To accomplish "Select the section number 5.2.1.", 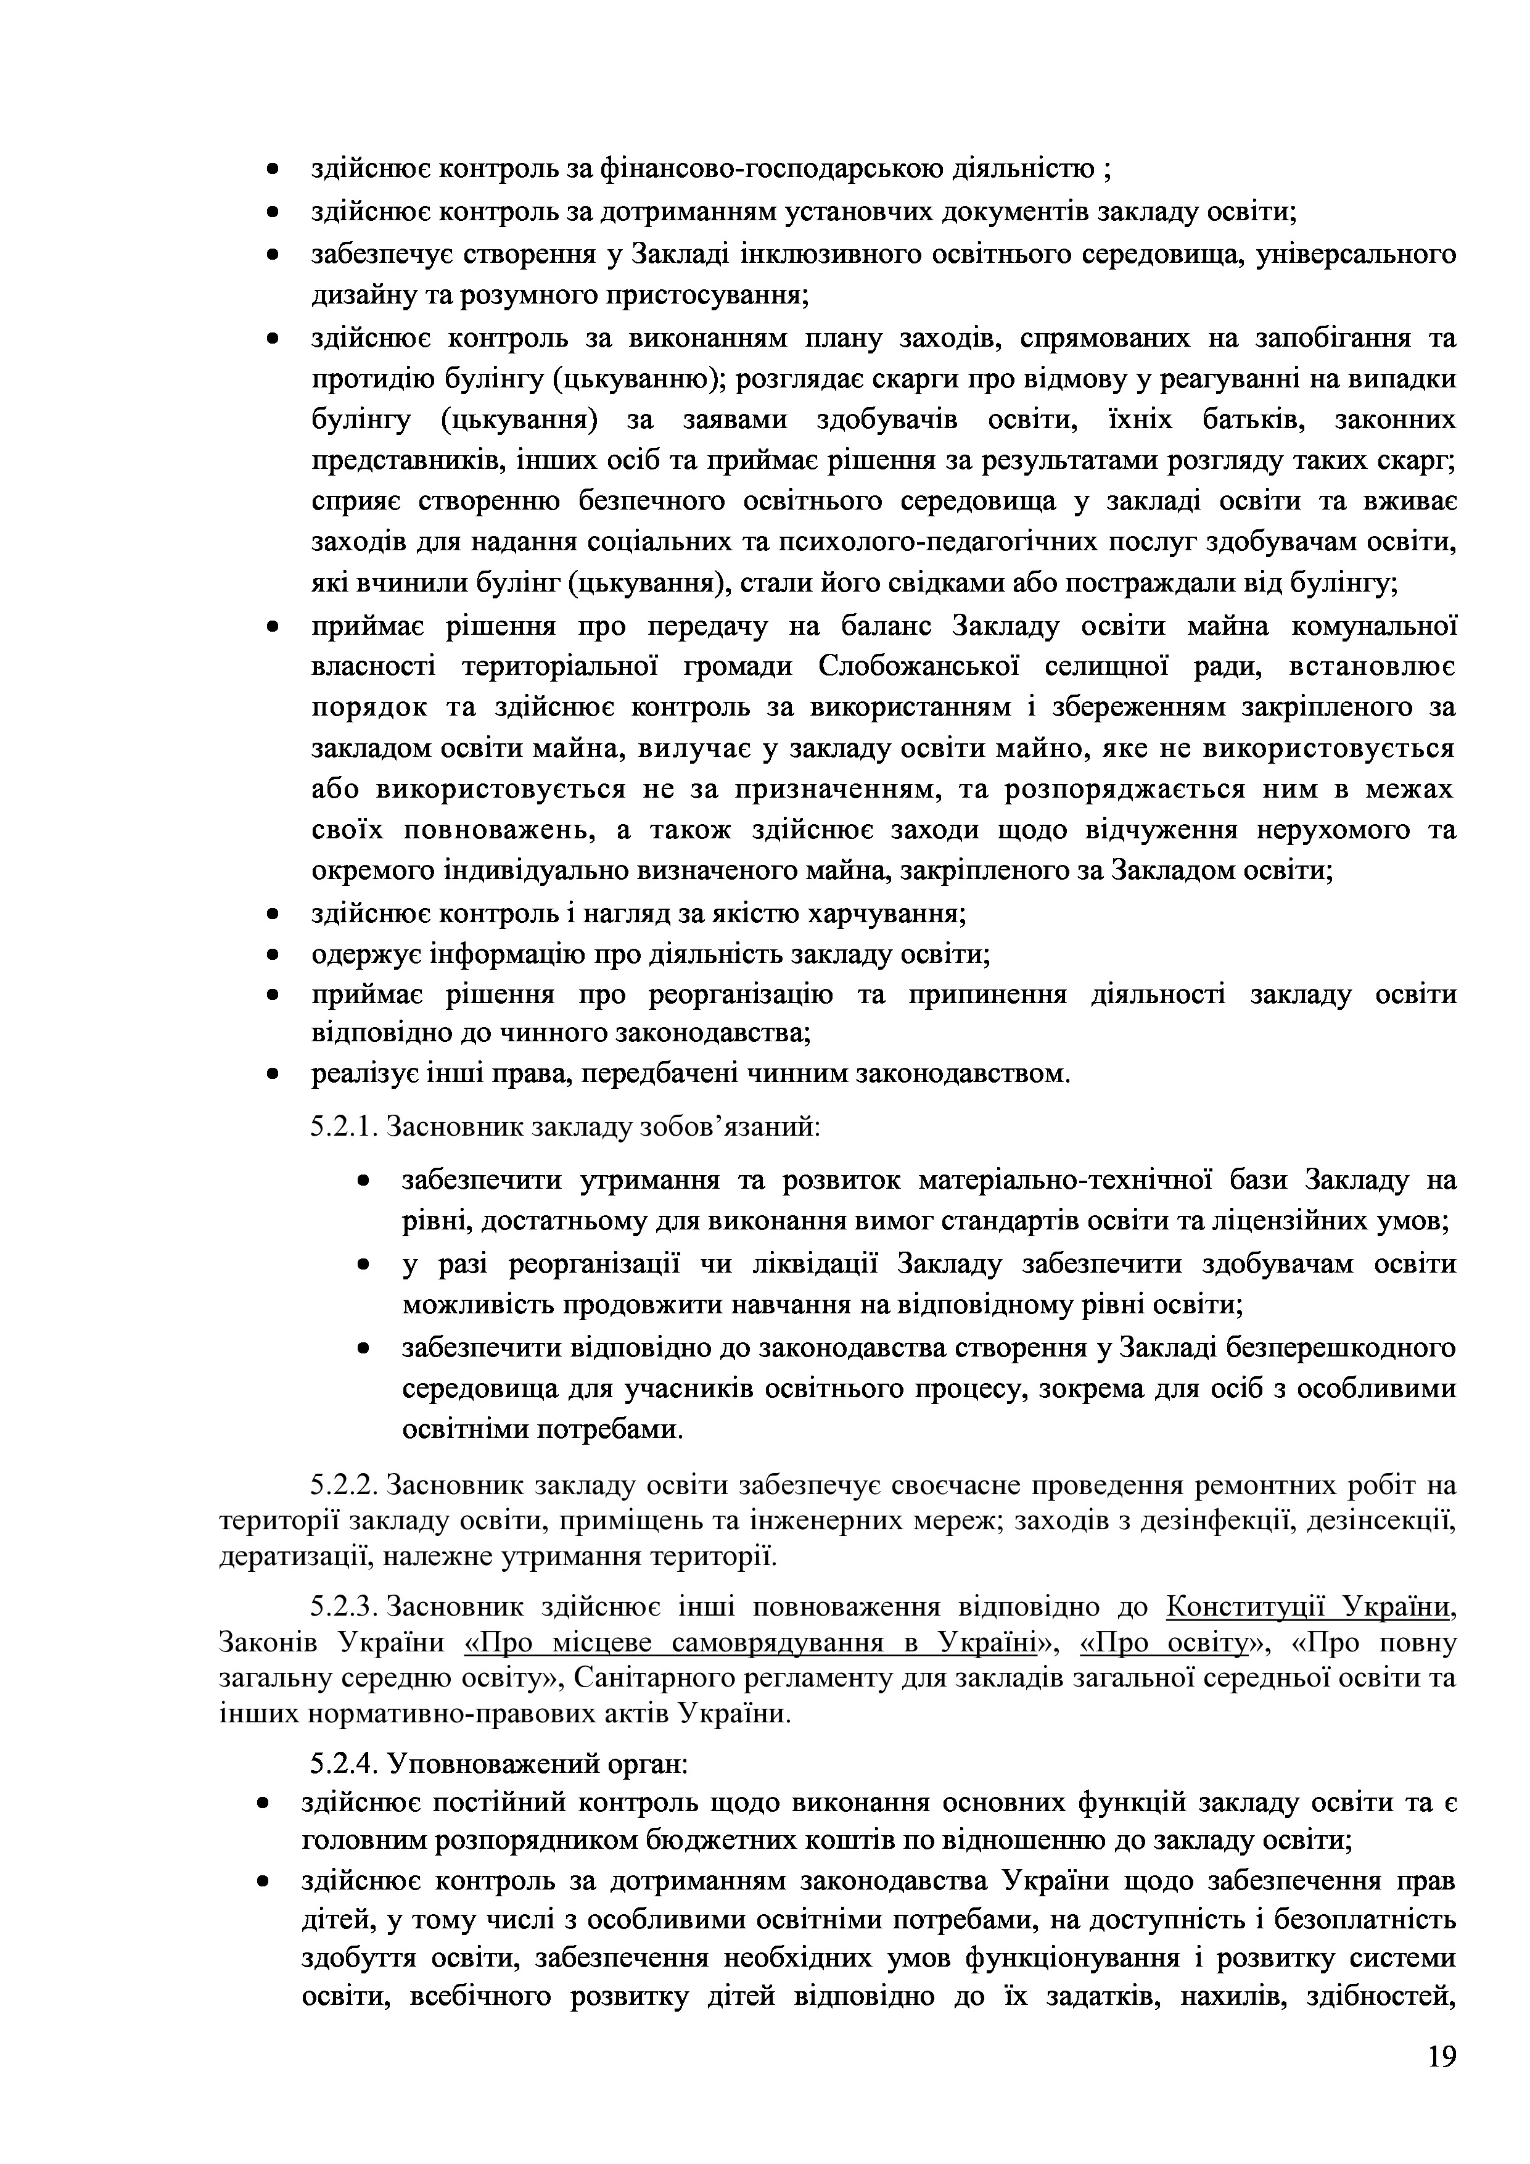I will pos(345,1126).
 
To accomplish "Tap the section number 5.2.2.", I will pos(345,1486).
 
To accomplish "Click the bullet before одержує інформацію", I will pos(273,956).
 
